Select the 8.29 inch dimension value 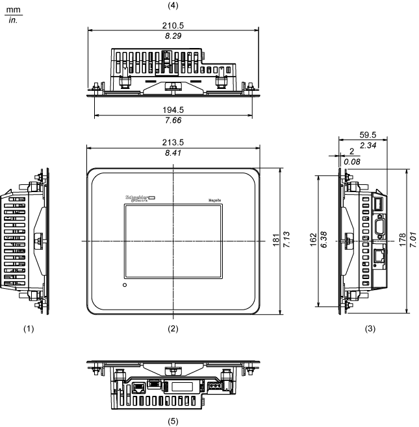[172, 37]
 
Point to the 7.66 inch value [172, 120]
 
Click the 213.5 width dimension [172, 141]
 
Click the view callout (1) [28, 328]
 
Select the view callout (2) [172, 328]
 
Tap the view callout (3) [370, 328]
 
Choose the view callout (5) [172, 421]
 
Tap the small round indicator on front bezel [125, 285]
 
